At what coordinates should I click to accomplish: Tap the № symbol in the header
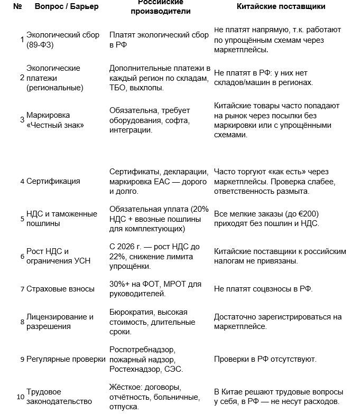pyautogui.click(x=17, y=6)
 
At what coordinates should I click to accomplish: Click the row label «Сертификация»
pyautogui.click(x=53, y=181)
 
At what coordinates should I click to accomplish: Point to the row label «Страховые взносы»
pyautogui.click(x=60, y=289)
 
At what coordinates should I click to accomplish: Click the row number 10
pyautogui.click(x=20, y=397)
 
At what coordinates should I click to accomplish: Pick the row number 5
pyautogui.click(x=22, y=219)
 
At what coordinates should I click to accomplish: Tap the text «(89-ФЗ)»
pyautogui.click(x=40, y=45)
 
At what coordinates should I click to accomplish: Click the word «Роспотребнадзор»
pyautogui.click(x=142, y=350)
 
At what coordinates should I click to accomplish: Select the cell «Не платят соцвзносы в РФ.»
pyautogui.click(x=263, y=289)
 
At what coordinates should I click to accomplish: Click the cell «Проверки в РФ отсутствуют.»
pyautogui.click(x=265, y=359)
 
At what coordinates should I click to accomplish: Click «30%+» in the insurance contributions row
pyautogui.click(x=121, y=284)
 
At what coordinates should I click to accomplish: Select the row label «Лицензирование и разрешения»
pyautogui.click(x=60, y=322)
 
